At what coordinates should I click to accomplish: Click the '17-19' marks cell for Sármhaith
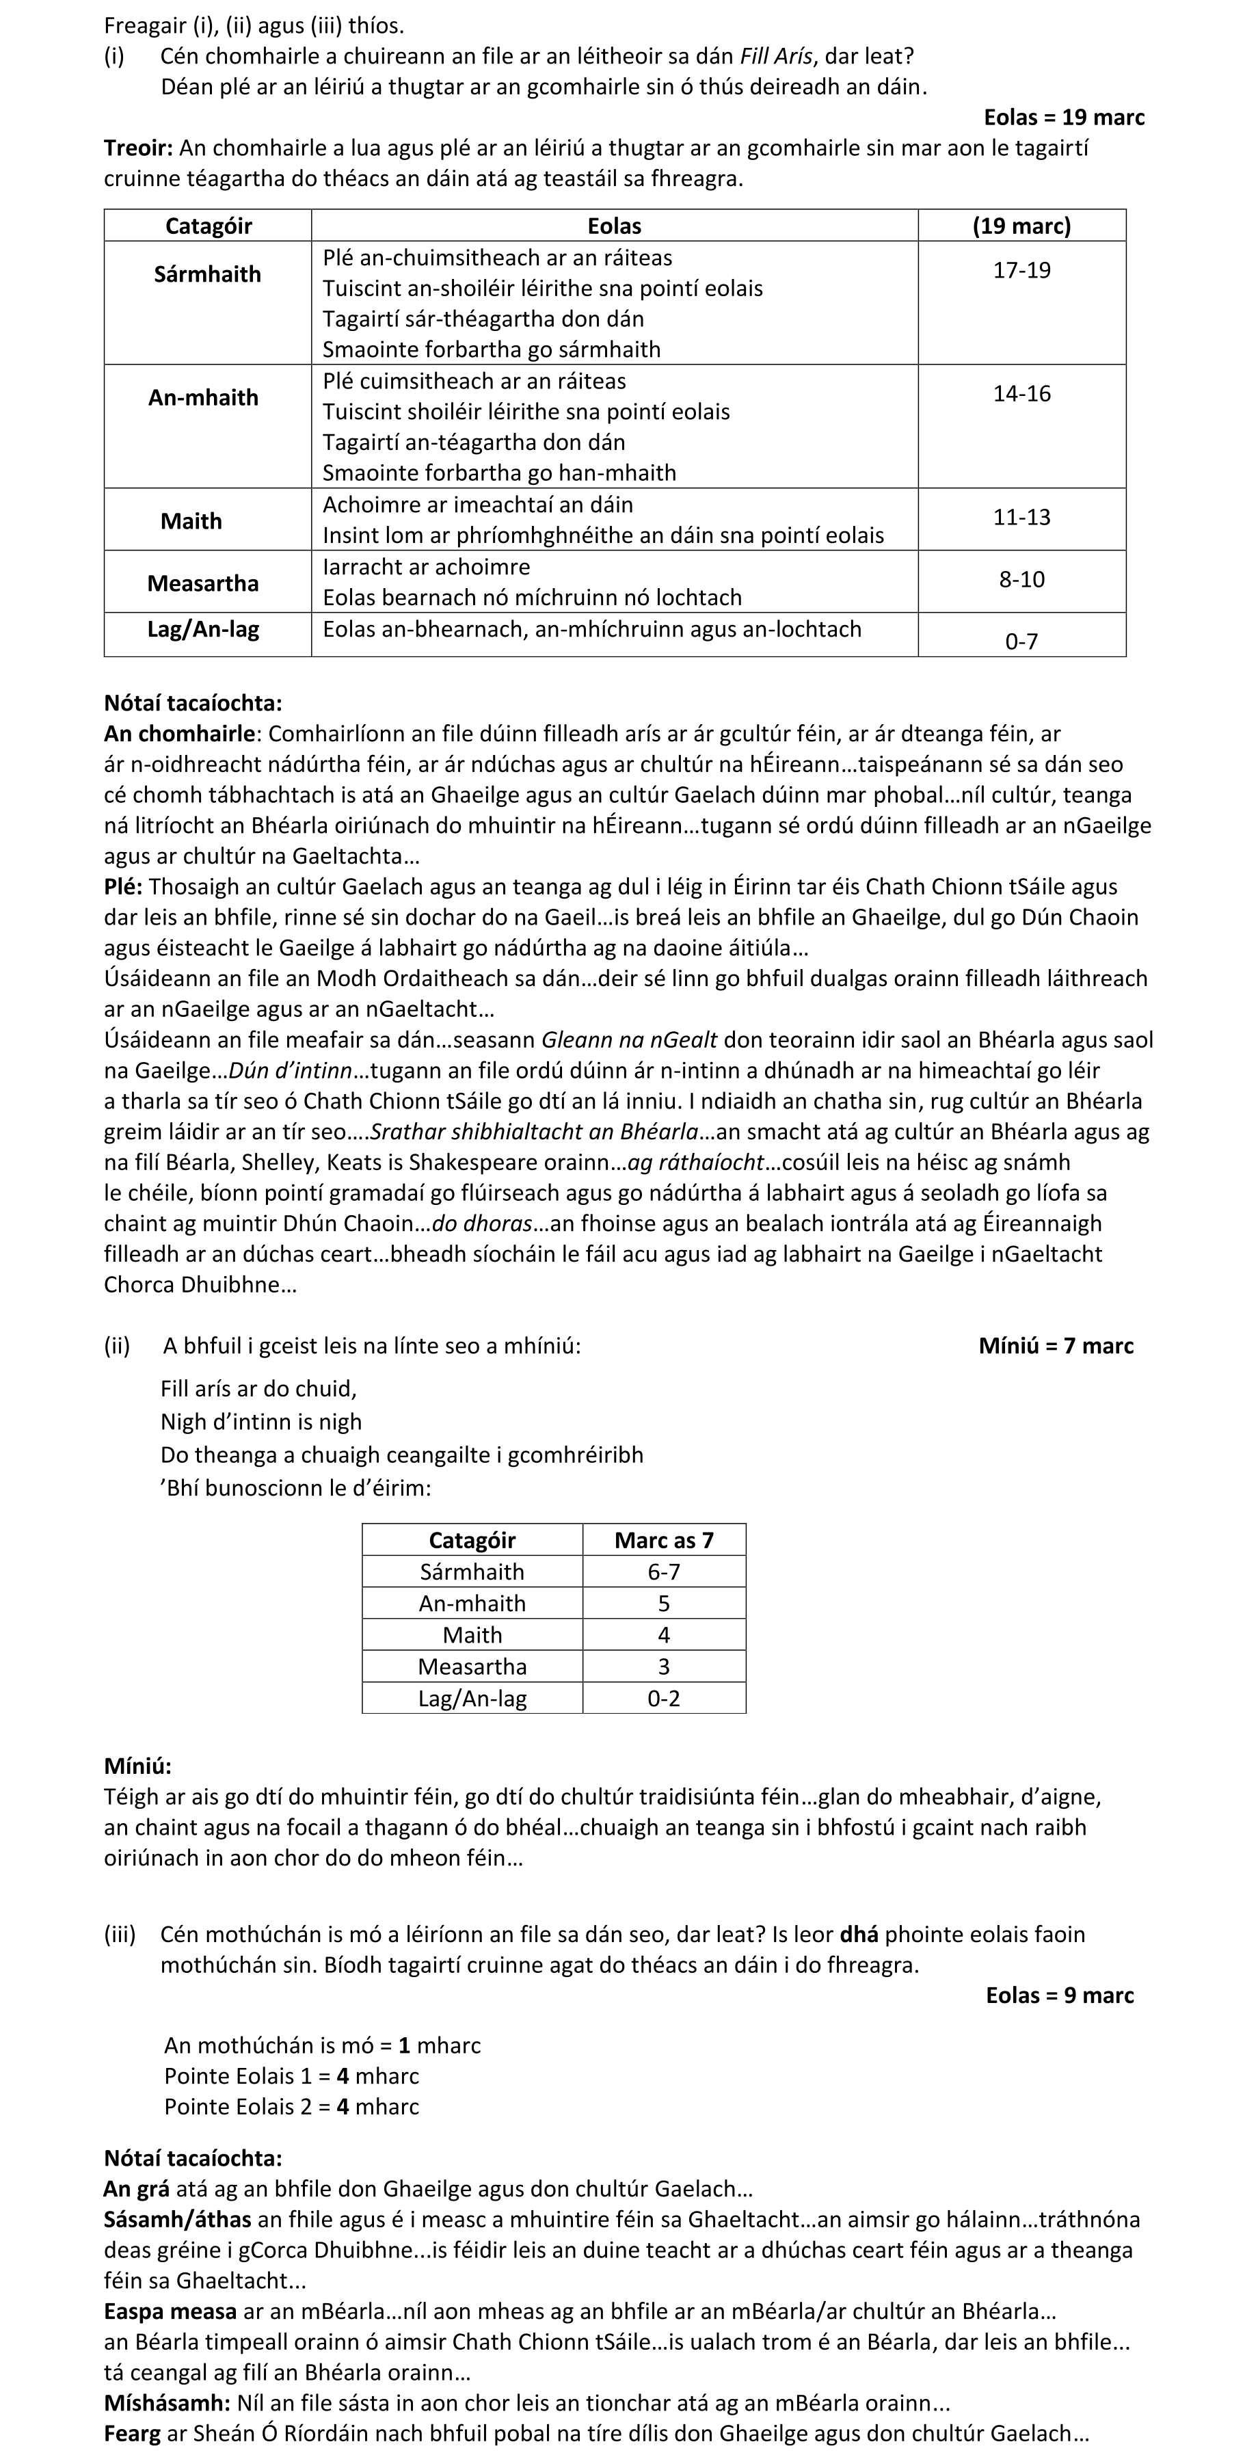point(1021,271)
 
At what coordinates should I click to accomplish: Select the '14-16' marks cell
point(1021,395)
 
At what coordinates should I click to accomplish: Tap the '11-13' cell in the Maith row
point(1021,518)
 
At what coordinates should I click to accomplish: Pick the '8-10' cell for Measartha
point(1021,579)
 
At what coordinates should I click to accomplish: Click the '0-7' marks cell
point(1021,641)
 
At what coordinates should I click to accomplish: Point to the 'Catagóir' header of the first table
point(208,226)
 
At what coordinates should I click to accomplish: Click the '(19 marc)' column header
point(1021,226)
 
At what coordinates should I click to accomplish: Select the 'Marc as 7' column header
point(663,1540)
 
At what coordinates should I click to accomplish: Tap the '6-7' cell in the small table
point(663,1571)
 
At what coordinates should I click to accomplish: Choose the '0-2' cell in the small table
point(663,1698)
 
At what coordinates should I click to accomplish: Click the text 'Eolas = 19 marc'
point(1063,117)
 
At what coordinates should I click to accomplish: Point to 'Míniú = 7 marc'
point(1056,1346)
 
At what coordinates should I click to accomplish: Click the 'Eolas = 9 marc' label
point(1059,1995)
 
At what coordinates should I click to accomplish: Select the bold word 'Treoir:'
point(138,148)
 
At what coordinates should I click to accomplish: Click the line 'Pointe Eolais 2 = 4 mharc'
point(291,2106)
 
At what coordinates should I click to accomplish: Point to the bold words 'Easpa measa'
point(170,2311)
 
